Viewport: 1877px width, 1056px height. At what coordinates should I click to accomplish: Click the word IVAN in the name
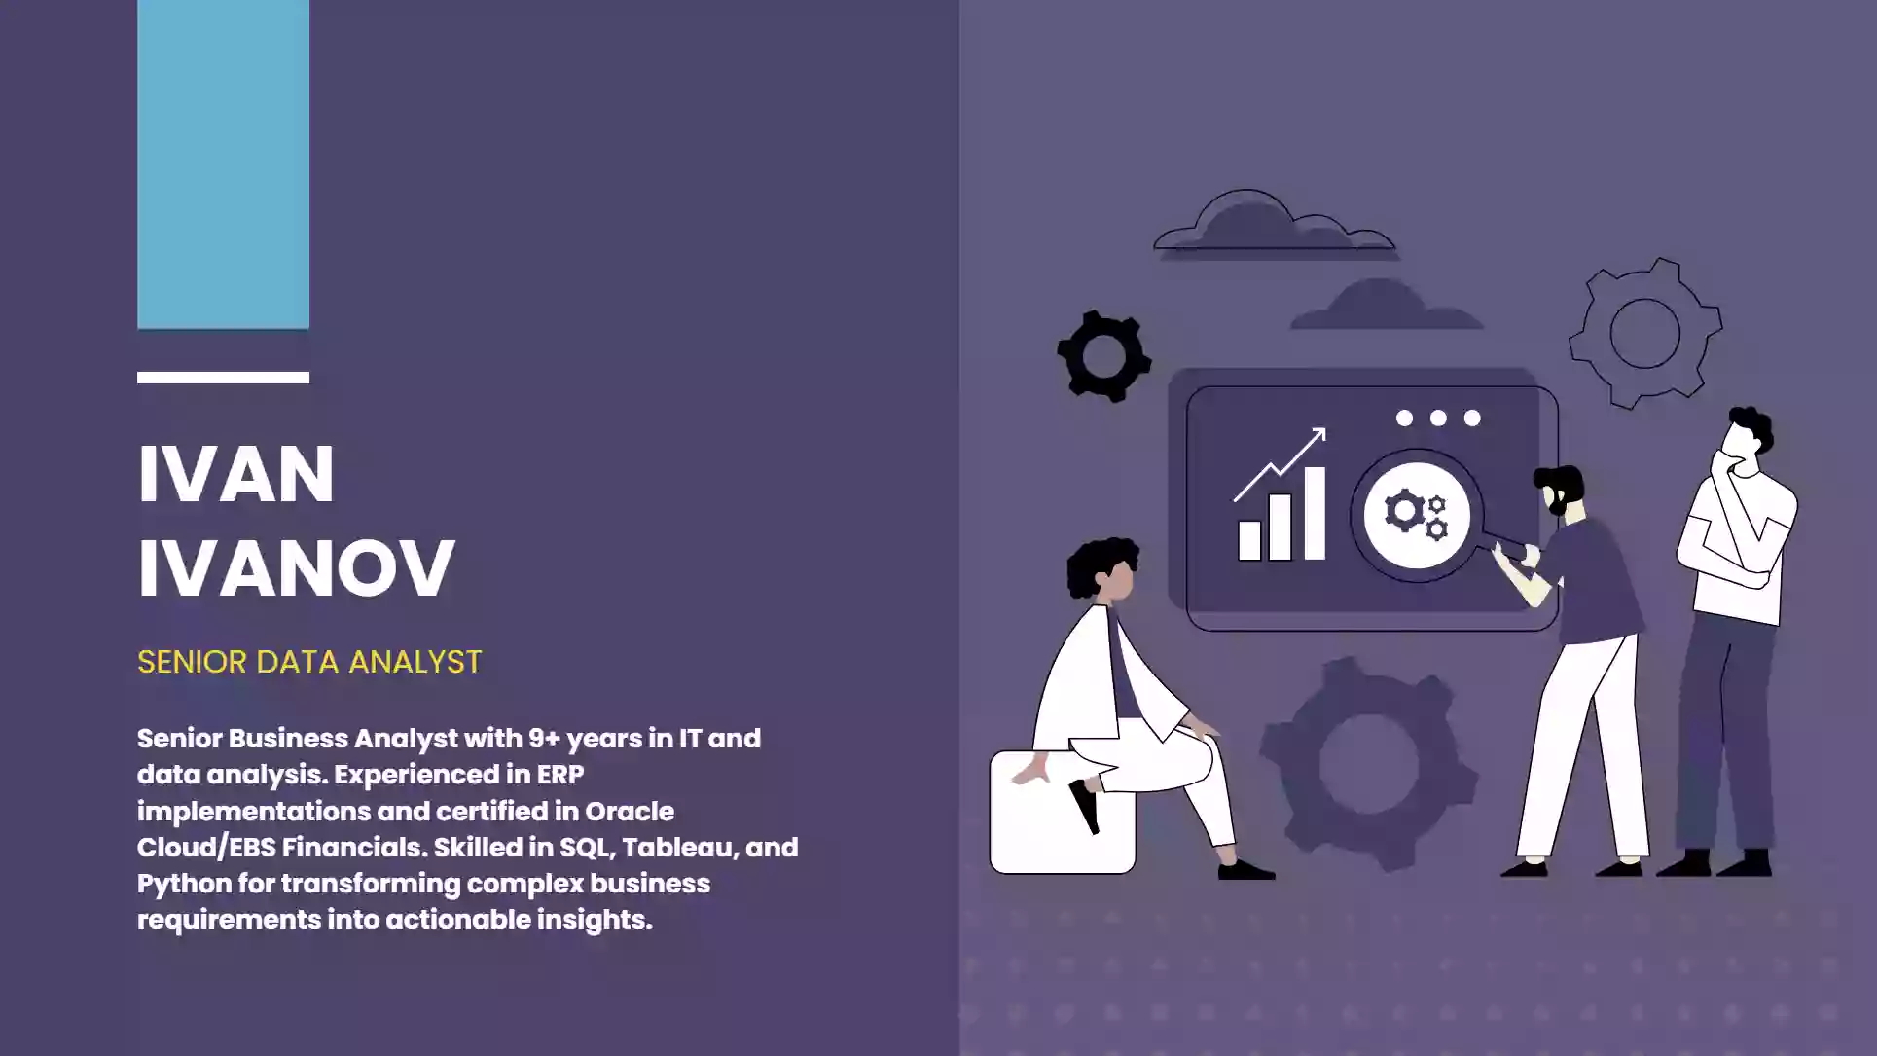(236, 474)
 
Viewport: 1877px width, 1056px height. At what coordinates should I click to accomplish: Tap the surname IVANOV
(296, 566)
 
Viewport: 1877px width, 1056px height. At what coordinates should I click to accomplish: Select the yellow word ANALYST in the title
(415, 662)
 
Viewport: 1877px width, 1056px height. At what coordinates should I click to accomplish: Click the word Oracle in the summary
(630, 811)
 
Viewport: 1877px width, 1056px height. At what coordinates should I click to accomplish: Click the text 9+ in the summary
(544, 738)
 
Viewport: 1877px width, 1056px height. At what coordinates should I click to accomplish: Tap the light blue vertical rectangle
(223, 164)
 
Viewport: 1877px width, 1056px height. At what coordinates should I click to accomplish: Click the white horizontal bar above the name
(223, 378)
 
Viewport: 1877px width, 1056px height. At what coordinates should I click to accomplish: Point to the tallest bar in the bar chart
(1314, 514)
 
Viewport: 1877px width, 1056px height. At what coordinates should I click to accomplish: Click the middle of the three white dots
(1438, 418)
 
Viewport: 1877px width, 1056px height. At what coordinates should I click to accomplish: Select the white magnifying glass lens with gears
(1417, 515)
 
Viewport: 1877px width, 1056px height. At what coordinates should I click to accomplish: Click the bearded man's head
(1560, 490)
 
